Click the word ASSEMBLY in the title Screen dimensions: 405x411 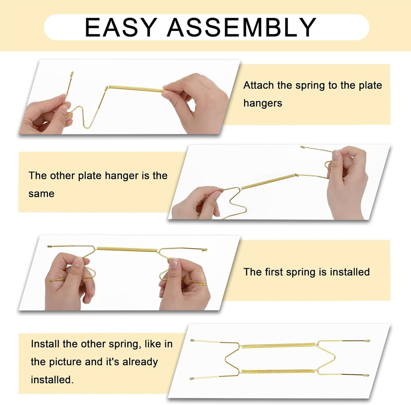coord(242,27)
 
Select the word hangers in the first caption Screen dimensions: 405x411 coord(262,103)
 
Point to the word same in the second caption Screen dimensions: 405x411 coord(41,193)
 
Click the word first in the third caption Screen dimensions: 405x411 coord(274,272)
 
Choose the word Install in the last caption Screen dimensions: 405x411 coord(47,344)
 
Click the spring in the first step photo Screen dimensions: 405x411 coord(136,89)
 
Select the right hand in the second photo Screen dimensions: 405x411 coord(347,181)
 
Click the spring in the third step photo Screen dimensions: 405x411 coord(127,250)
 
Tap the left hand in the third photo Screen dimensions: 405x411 coord(68,281)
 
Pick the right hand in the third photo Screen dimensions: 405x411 coord(183,283)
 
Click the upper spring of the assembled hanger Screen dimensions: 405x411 coord(279,346)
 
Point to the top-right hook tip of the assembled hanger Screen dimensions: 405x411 coord(367,341)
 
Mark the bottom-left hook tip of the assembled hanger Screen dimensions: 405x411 coord(192,378)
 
